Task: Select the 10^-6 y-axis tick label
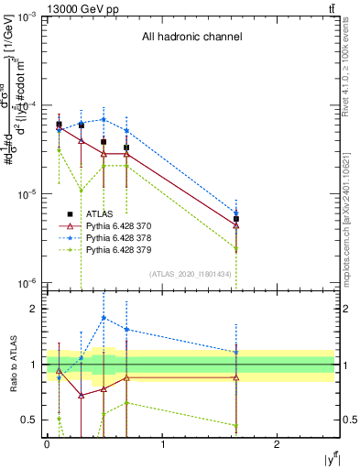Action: tap(28, 282)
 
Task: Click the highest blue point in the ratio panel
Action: tap(104, 318)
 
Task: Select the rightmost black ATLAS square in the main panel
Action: tap(236, 219)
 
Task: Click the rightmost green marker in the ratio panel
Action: tap(236, 426)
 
